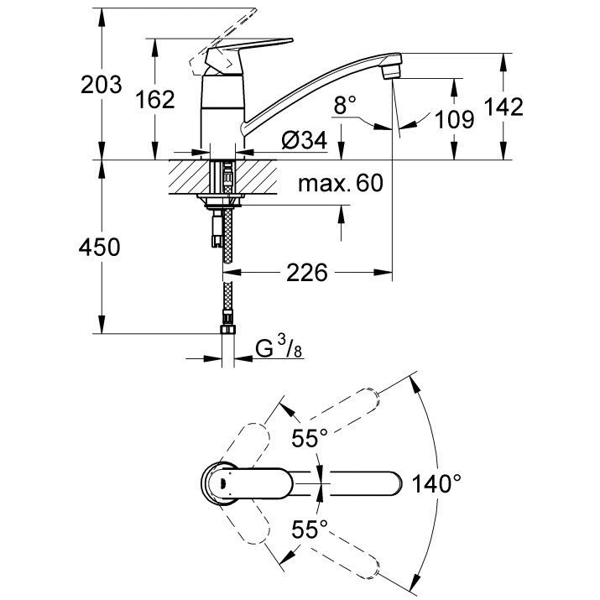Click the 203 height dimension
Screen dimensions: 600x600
(x=101, y=85)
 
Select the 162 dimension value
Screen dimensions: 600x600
(x=155, y=100)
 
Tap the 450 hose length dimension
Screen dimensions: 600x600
(x=100, y=247)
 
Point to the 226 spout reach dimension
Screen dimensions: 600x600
(x=307, y=273)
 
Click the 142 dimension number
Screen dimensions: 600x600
(x=503, y=107)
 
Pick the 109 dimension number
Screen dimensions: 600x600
(x=455, y=119)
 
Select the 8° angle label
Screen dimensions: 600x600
(x=345, y=105)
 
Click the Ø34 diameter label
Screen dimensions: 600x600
(x=305, y=140)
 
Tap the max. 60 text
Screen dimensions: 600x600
(x=341, y=183)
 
